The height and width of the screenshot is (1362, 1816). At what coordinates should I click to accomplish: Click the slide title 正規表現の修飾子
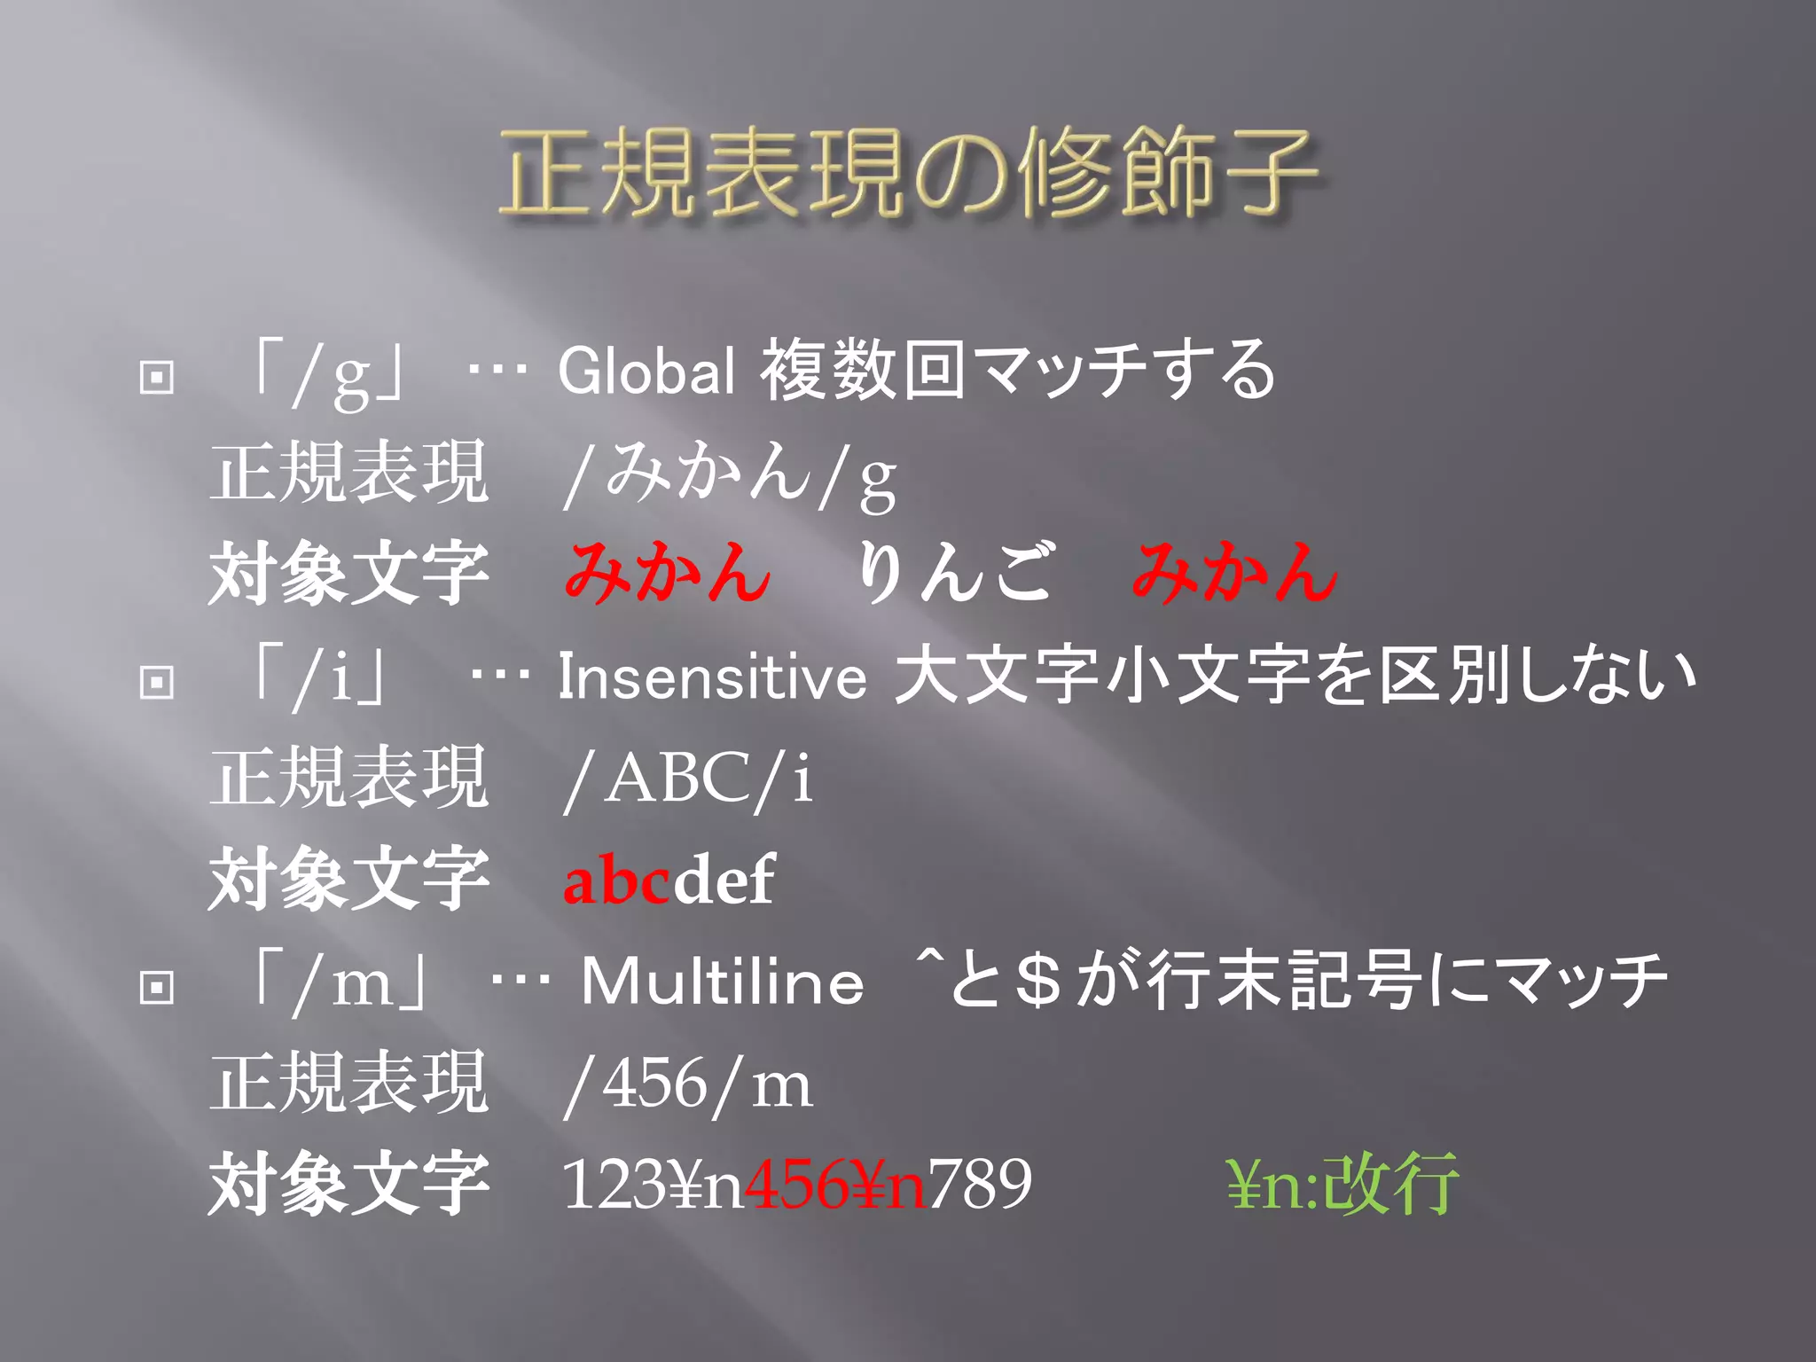[908, 173]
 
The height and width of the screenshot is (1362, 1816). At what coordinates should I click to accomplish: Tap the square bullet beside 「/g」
[157, 377]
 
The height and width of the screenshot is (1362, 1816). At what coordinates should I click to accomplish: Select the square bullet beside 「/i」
[157, 682]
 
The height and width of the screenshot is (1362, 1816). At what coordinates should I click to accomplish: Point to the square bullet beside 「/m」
[157, 987]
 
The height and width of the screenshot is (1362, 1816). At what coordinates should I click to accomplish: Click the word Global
[646, 371]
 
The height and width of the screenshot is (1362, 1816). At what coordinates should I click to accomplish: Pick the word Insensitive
[712, 677]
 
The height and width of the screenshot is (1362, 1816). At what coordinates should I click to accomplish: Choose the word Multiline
[723, 982]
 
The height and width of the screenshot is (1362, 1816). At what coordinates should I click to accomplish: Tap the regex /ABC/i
[688, 779]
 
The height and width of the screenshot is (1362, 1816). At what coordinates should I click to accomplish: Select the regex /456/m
[688, 1084]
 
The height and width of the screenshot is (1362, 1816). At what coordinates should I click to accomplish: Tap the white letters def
[724, 881]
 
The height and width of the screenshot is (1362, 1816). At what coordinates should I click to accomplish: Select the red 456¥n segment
[836, 1185]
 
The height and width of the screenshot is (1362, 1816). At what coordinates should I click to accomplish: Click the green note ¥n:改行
[1342, 1185]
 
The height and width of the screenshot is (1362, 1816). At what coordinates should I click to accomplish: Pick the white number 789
[980, 1185]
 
